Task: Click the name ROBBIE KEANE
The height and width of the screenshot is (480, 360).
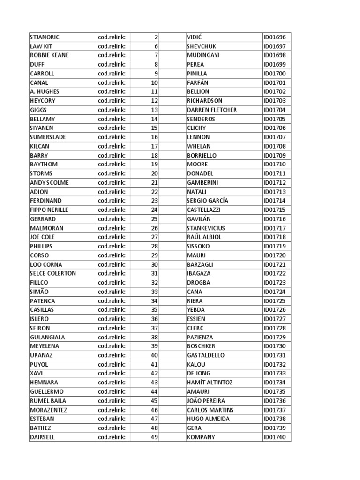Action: pos(49,55)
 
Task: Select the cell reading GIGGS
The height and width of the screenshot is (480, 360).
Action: pos(38,110)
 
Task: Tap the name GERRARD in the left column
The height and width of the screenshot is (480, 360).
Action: pos(43,219)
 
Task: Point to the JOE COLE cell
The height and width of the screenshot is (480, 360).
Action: pos(42,237)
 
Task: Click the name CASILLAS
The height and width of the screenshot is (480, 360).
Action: pos(42,310)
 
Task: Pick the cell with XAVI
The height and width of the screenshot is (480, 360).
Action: pos(36,374)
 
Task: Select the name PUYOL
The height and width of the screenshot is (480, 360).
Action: pos(38,364)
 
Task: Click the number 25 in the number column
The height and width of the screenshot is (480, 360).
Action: pos(154,219)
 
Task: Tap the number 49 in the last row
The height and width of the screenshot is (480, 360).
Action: pos(154,437)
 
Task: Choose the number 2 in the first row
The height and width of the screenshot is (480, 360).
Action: pos(156,37)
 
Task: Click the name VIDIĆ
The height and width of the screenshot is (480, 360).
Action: pos(194,37)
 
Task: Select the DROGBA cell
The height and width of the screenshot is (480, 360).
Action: pos(198,283)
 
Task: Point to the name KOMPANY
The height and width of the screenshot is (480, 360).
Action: pos(201,437)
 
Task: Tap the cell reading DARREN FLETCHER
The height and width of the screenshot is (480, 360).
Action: pos(211,110)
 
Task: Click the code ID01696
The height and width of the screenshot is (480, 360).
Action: pos(277,37)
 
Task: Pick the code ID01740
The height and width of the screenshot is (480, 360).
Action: pos(277,437)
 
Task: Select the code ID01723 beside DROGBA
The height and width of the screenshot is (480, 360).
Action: pos(277,283)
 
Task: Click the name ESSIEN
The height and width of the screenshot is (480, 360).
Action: pos(196,319)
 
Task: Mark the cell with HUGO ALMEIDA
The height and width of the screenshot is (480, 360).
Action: pos(208,419)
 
